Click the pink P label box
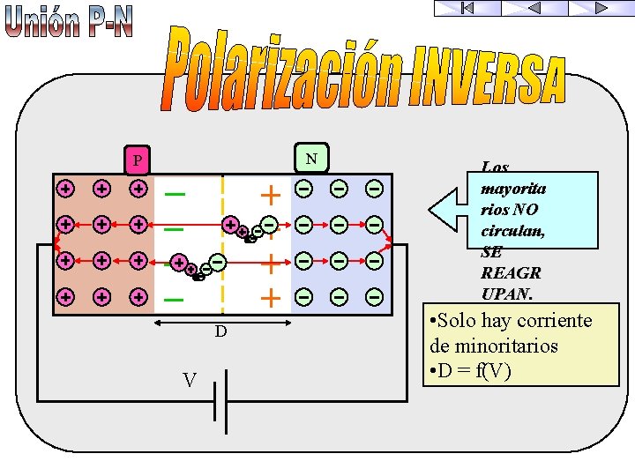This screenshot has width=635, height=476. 137,160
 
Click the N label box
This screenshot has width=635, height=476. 311,158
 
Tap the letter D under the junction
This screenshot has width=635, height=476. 220,332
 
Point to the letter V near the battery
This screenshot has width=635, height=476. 190,380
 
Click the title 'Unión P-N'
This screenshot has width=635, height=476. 69,22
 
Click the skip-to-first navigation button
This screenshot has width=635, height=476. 467,8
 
